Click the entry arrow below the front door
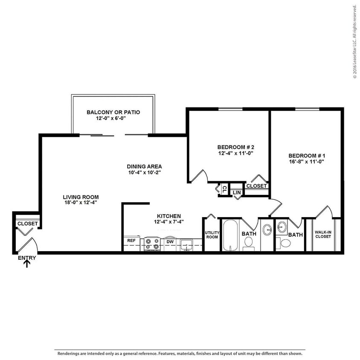(x=27, y=264)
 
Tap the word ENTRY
(x=27, y=258)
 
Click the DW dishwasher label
(x=169, y=241)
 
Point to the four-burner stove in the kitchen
(x=152, y=244)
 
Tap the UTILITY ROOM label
(x=212, y=235)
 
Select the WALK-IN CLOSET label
(x=323, y=234)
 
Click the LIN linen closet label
(x=236, y=193)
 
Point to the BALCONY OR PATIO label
(x=113, y=112)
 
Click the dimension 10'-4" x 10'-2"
(x=144, y=172)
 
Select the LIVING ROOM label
(x=81, y=197)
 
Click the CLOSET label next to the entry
(x=27, y=224)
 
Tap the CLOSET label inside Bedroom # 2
(x=257, y=186)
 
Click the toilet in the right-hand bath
(x=286, y=244)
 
